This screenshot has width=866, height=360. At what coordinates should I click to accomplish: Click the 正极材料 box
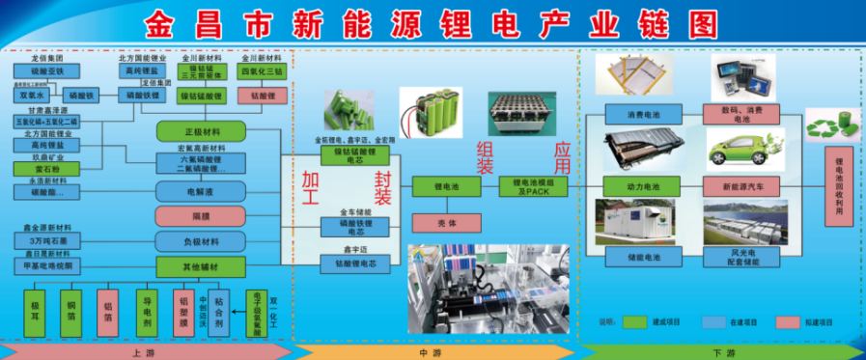click(x=202, y=131)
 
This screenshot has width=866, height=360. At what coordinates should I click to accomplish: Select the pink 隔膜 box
click(x=202, y=216)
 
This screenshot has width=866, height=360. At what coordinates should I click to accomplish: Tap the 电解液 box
click(x=202, y=191)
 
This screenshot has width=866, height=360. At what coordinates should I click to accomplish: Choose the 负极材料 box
click(x=202, y=241)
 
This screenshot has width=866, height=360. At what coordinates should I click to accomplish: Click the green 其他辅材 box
click(x=202, y=266)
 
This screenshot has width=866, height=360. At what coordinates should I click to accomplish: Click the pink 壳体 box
click(x=447, y=223)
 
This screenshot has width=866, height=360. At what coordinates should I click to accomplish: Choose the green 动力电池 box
click(x=645, y=185)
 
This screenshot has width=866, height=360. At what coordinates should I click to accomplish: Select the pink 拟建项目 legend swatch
click(x=791, y=321)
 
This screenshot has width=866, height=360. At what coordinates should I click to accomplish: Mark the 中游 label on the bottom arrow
click(x=432, y=352)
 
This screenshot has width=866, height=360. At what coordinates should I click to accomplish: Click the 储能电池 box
click(x=645, y=258)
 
